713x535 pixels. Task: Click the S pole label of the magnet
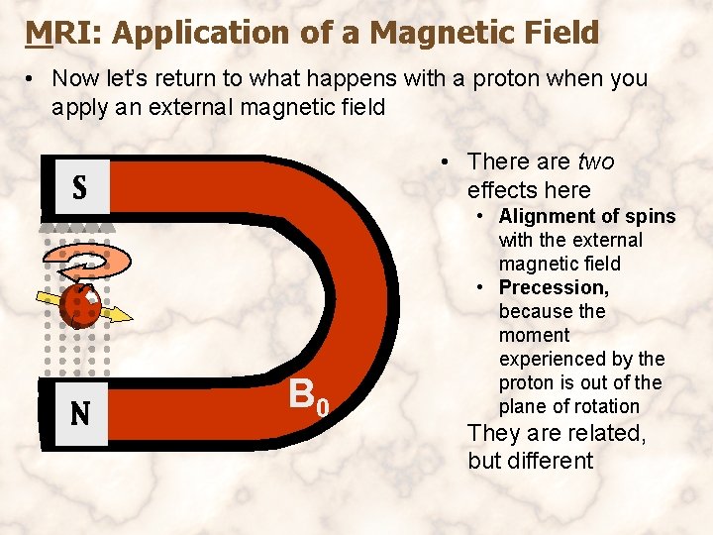pos(79,187)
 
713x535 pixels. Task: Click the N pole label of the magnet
pos(79,412)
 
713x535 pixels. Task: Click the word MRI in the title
pos(65,34)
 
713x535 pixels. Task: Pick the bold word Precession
pos(554,287)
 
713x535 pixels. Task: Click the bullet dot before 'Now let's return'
pos(33,79)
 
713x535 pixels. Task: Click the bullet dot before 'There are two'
pos(449,162)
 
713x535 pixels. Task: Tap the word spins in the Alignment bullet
pos(652,216)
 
